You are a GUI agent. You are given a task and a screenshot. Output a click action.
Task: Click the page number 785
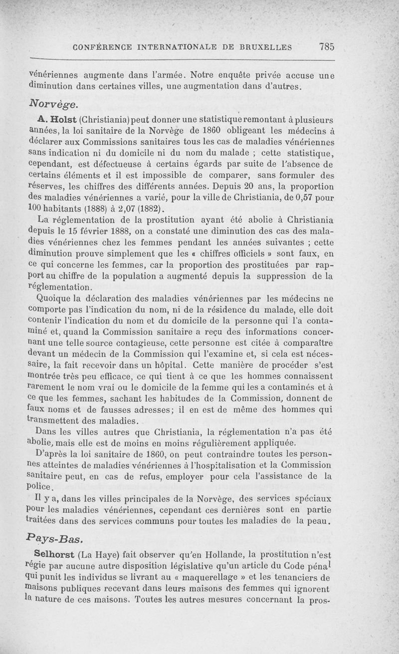coord(327,47)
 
